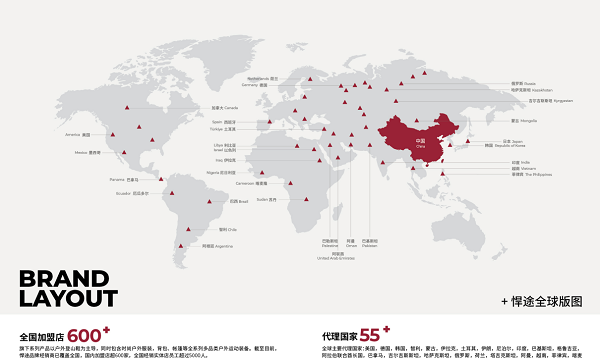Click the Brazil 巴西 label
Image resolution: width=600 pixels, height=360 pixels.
(x=237, y=201)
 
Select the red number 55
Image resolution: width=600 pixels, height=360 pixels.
(x=373, y=335)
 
